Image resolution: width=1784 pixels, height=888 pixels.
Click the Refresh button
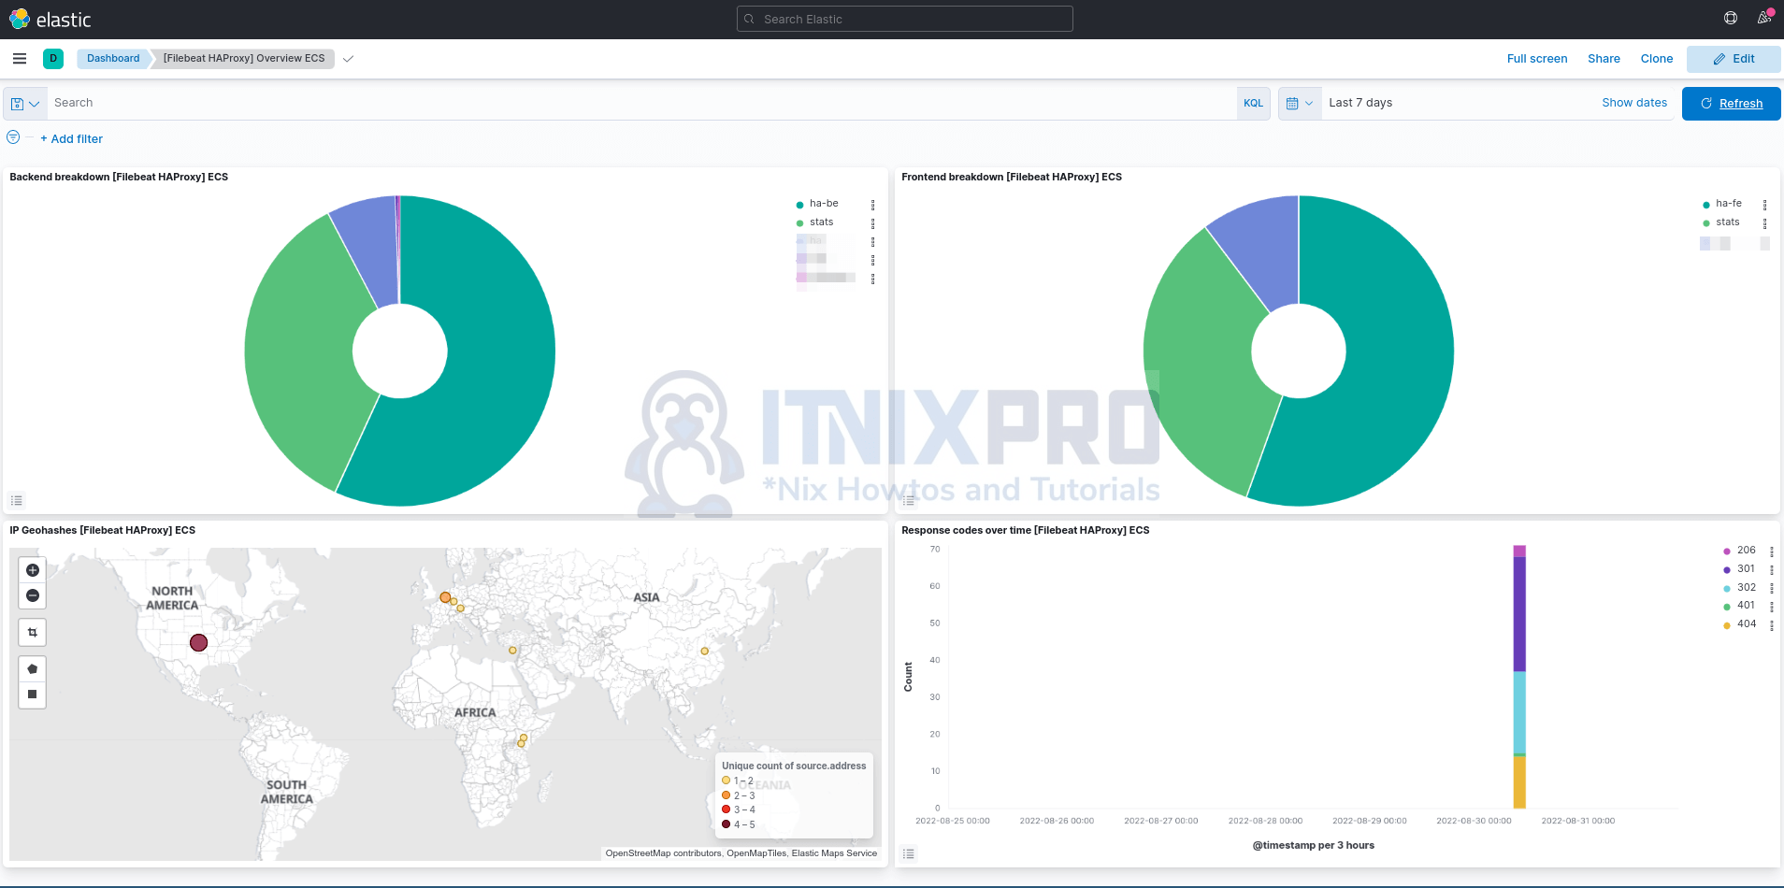click(1731, 104)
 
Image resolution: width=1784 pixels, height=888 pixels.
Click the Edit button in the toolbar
click(1734, 59)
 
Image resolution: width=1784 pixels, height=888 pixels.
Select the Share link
click(1604, 59)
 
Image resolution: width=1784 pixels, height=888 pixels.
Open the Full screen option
click(1536, 59)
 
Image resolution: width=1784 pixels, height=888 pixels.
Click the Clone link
click(1656, 59)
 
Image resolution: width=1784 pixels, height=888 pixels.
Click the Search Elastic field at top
click(904, 19)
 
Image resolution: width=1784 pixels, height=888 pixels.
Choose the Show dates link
click(1633, 103)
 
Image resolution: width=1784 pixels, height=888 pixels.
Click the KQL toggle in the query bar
click(1253, 104)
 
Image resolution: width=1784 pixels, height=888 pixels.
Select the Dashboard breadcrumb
click(113, 58)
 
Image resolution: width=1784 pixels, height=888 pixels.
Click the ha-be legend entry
click(823, 204)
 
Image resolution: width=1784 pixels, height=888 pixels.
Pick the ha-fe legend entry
click(1728, 204)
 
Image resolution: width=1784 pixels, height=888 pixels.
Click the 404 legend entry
click(1746, 624)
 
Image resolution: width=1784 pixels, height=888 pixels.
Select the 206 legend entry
click(1746, 551)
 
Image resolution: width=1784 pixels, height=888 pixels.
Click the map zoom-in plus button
click(33, 570)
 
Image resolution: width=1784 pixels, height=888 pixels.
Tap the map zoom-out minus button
click(33, 595)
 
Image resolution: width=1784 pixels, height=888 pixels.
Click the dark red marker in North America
click(198, 643)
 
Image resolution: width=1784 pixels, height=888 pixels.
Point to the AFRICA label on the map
click(475, 712)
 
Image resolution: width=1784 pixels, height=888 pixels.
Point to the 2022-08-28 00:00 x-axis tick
click(1265, 821)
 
